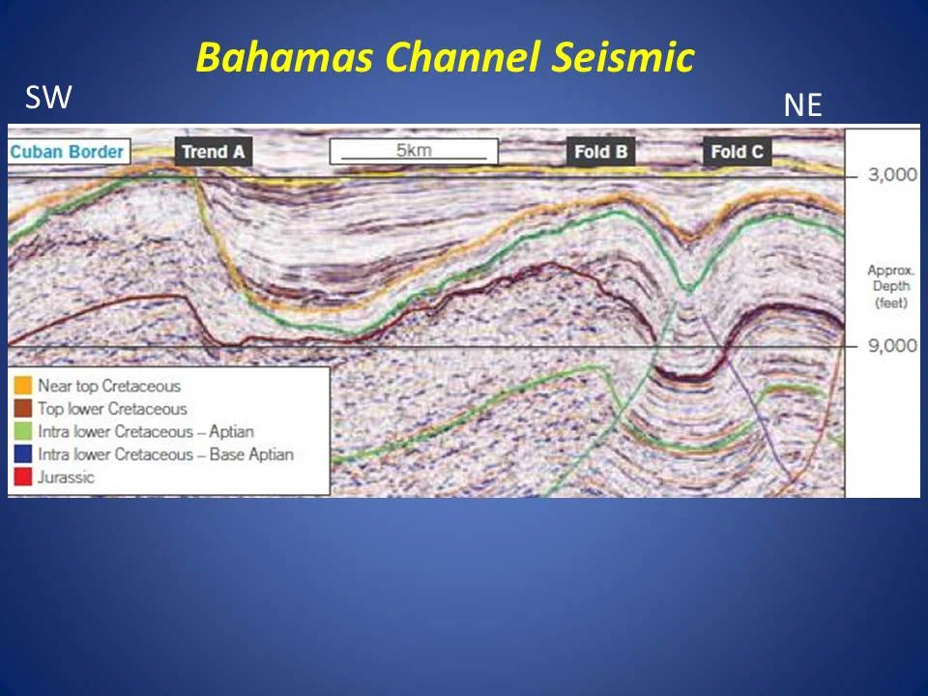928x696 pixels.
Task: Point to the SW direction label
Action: [x=48, y=97]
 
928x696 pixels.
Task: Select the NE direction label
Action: [x=802, y=105]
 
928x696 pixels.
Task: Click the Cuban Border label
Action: [x=68, y=152]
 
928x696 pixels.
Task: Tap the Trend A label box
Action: [x=214, y=152]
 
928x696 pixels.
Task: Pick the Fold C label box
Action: [x=737, y=152]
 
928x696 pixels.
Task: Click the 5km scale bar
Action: [x=413, y=152]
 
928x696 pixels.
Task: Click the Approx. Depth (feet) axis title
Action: [x=890, y=286]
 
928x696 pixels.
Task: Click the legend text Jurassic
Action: [x=67, y=476]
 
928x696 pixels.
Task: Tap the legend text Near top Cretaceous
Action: [x=109, y=387]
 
